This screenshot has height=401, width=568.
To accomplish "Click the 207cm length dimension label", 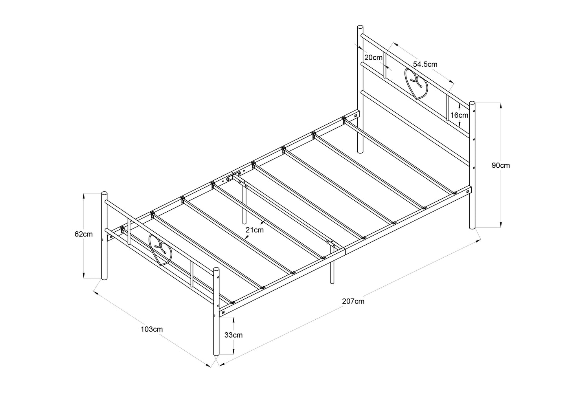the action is click(x=353, y=302).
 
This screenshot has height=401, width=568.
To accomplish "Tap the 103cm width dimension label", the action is click(x=152, y=329).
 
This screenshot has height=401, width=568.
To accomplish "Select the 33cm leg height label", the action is click(x=233, y=335).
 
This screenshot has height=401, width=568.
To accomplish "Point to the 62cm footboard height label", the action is click(x=83, y=234).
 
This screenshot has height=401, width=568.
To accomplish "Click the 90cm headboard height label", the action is click(x=500, y=165).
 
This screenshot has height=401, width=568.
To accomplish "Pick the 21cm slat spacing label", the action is click(x=254, y=230).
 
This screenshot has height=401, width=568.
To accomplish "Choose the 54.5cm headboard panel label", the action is click(x=425, y=64).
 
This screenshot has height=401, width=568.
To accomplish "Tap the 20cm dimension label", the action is click(x=373, y=57).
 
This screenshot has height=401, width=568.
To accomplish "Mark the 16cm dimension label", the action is click(x=459, y=115).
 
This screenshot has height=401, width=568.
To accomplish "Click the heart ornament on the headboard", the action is click(x=416, y=84).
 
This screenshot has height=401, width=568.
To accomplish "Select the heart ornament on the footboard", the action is click(x=160, y=250).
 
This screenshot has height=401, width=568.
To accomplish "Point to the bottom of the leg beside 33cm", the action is click(x=216, y=354).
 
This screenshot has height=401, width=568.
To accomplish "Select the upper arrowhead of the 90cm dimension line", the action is click(x=500, y=106).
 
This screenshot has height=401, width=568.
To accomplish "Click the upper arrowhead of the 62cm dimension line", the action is click(x=83, y=196).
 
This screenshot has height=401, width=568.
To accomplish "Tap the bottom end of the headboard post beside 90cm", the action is click(x=472, y=227).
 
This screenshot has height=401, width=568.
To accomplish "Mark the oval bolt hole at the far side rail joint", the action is click(x=229, y=179).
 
